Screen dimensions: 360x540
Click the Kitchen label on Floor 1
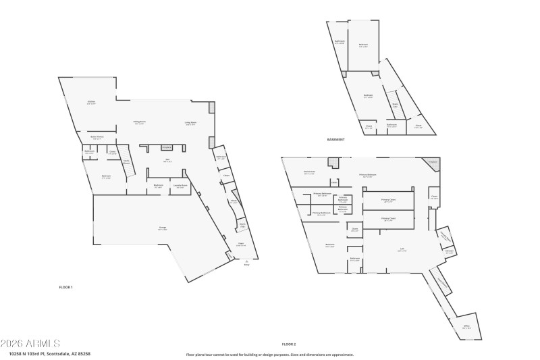tap(91, 103)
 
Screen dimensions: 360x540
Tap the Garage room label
tap(163, 228)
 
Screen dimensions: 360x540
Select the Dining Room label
tap(140, 122)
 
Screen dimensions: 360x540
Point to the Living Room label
tap(191, 123)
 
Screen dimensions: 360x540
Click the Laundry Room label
tap(180, 186)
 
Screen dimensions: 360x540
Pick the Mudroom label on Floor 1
tap(158, 186)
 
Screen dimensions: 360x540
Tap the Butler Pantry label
tap(97, 137)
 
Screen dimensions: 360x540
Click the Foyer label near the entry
tap(240, 245)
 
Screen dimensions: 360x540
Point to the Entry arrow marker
tap(246, 262)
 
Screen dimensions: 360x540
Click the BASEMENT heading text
tap(335, 140)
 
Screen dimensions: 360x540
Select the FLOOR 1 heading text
tap(65, 288)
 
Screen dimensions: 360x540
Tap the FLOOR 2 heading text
tap(290, 344)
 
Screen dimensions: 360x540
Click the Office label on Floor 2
tap(466, 327)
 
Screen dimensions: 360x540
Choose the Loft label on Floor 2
tap(401, 249)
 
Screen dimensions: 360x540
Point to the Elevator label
tap(449, 251)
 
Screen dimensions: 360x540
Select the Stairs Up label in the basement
tap(395, 105)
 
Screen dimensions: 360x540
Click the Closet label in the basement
tap(369, 126)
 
